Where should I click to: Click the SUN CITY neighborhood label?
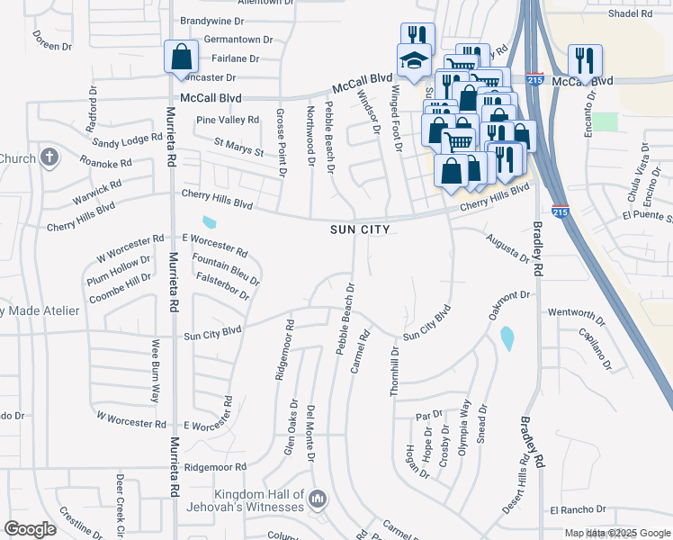pyautogui.click(x=359, y=229)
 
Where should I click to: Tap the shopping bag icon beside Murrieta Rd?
pyautogui.click(x=181, y=57)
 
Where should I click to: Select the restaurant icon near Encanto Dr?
pyautogui.click(x=585, y=61)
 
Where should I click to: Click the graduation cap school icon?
pyautogui.click(x=415, y=61)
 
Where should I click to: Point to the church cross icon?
pyautogui.click(x=49, y=158)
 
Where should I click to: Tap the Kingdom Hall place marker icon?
pyautogui.click(x=317, y=499)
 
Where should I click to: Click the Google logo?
pyautogui.click(x=31, y=529)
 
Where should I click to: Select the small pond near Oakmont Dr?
pyautogui.click(x=507, y=338)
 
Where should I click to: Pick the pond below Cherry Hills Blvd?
pyautogui.click(x=210, y=221)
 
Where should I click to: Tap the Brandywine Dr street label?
pyautogui.click(x=212, y=21)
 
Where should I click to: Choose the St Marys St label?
pyautogui.click(x=238, y=146)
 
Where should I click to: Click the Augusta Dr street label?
pyautogui.click(x=507, y=247)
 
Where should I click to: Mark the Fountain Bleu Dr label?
pyautogui.click(x=227, y=268)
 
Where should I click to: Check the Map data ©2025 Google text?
pyautogui.click(x=616, y=533)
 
